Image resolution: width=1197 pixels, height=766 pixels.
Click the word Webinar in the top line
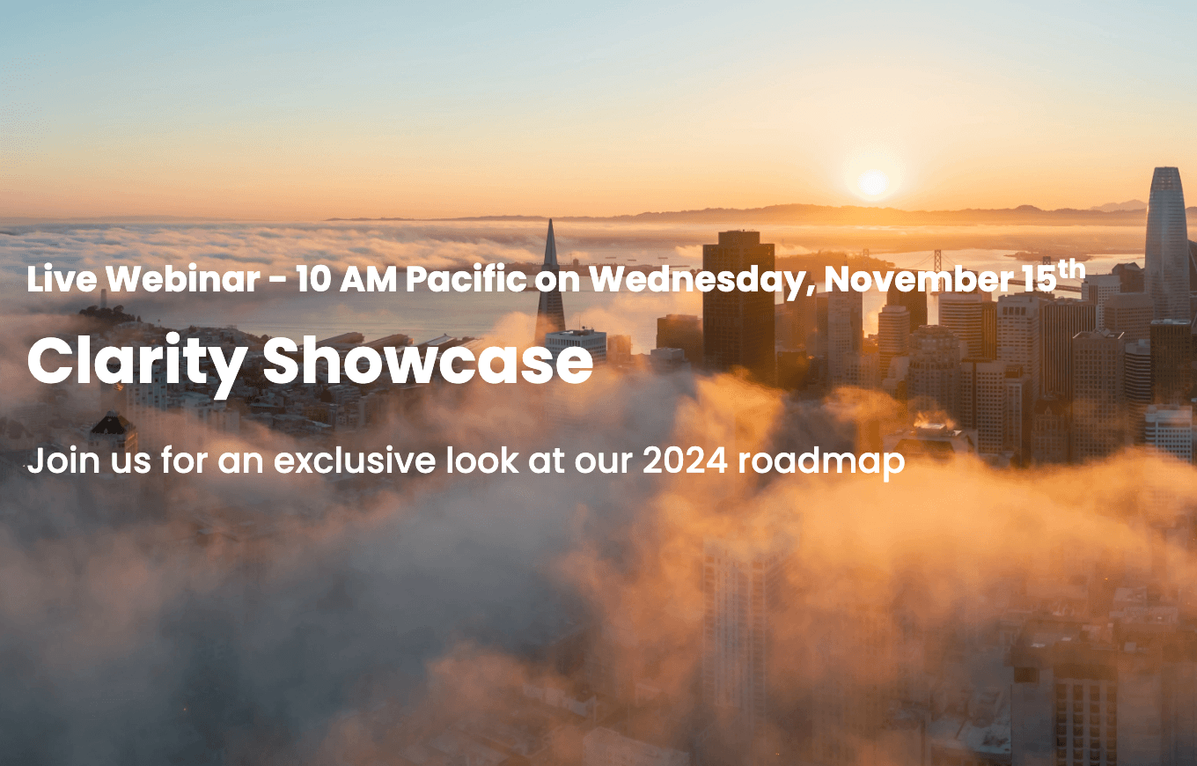[183, 279]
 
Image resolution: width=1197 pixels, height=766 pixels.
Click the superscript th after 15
[1071, 269]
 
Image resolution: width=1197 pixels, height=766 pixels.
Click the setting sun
[872, 183]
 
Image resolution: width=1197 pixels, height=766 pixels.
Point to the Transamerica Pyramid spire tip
[550, 224]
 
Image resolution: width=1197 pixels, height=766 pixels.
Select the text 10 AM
[338, 279]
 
